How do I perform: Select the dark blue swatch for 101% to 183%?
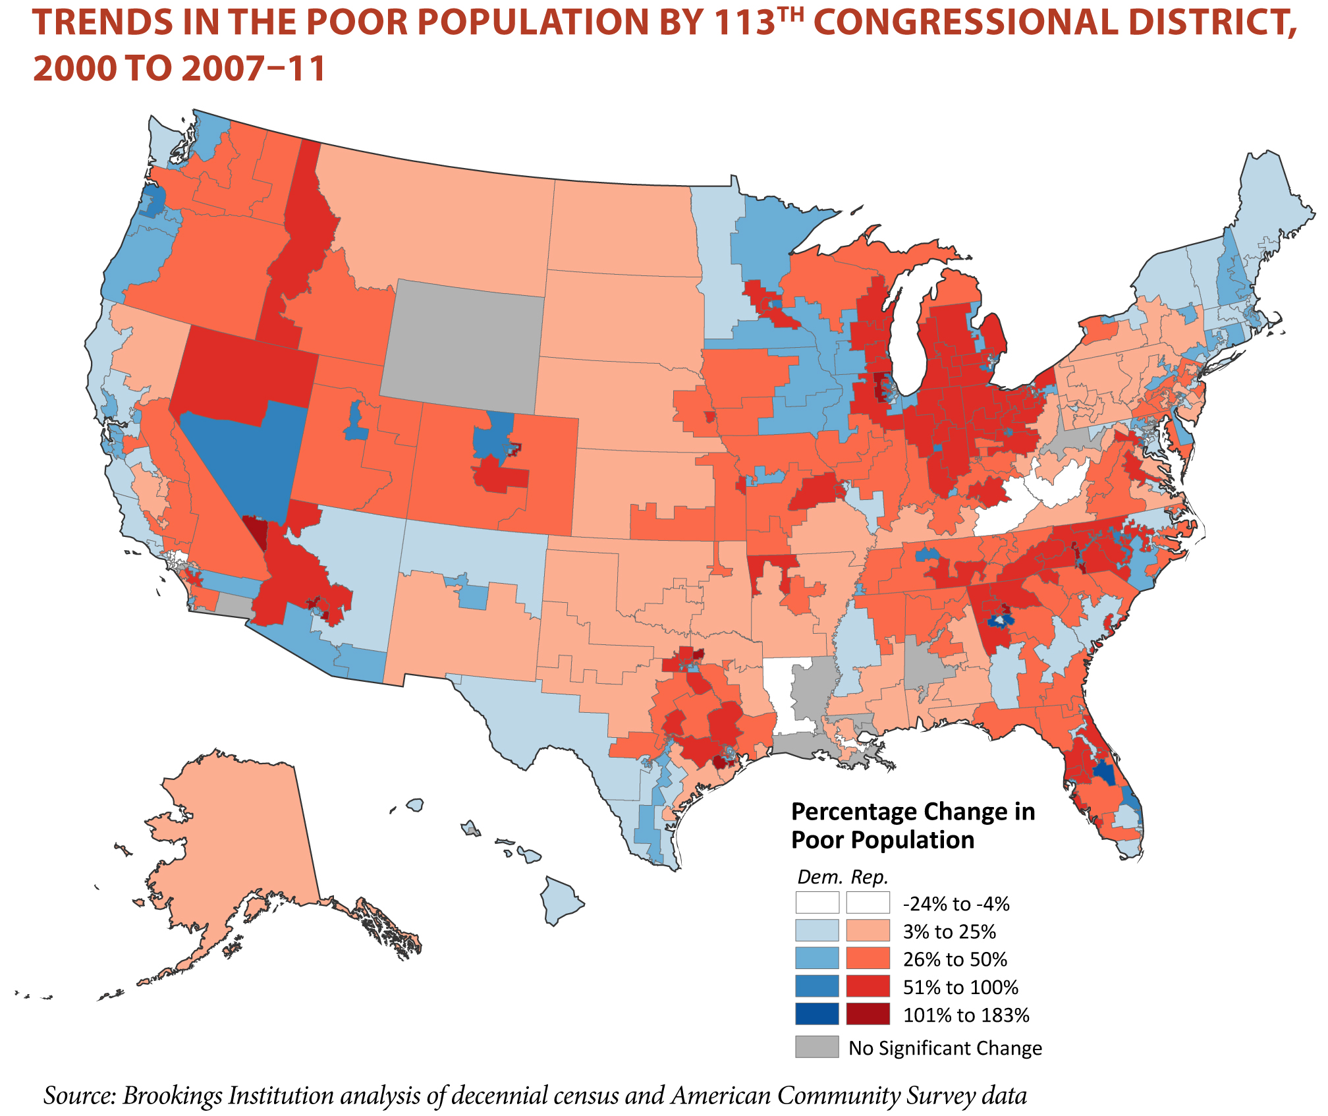click(817, 1014)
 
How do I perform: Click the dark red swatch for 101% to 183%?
click(868, 1014)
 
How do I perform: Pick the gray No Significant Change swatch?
click(817, 1047)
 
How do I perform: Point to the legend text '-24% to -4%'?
click(956, 904)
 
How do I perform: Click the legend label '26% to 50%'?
click(954, 959)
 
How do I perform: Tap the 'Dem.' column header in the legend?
click(819, 877)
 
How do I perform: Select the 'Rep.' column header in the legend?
click(870, 877)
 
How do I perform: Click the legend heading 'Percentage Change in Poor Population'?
click(912, 825)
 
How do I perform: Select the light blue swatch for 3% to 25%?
click(817, 930)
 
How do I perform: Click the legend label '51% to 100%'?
click(960, 987)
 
